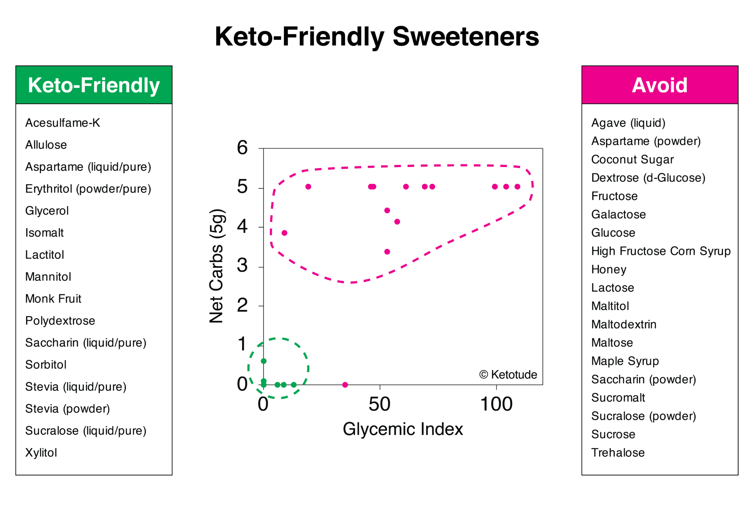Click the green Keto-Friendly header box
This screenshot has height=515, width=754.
click(x=94, y=85)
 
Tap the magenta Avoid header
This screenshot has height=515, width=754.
click(x=659, y=85)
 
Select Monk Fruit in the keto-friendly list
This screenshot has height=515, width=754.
click(x=53, y=299)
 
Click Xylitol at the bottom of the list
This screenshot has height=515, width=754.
click(x=41, y=452)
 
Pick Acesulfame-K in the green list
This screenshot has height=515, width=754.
click(x=63, y=123)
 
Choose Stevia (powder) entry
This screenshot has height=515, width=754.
click(x=67, y=409)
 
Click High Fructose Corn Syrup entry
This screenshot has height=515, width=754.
click(x=660, y=251)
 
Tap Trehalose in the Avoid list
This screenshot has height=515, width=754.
click(x=618, y=452)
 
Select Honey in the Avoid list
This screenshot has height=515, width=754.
click(x=609, y=269)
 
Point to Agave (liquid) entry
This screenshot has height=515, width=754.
click(x=628, y=123)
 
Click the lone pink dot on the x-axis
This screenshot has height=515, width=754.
click(x=345, y=385)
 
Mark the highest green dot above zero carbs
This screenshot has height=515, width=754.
click(x=264, y=361)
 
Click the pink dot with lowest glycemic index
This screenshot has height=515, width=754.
click(x=284, y=233)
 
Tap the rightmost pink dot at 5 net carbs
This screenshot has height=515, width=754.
click(x=517, y=187)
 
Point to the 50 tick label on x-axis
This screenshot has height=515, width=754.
click(x=379, y=404)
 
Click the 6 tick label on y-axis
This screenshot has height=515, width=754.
click(x=242, y=148)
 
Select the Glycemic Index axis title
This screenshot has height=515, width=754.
click(x=402, y=429)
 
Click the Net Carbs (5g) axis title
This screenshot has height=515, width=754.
click(x=216, y=266)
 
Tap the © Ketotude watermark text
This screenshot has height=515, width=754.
click(x=508, y=374)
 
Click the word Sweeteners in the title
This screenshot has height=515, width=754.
click(x=465, y=37)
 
